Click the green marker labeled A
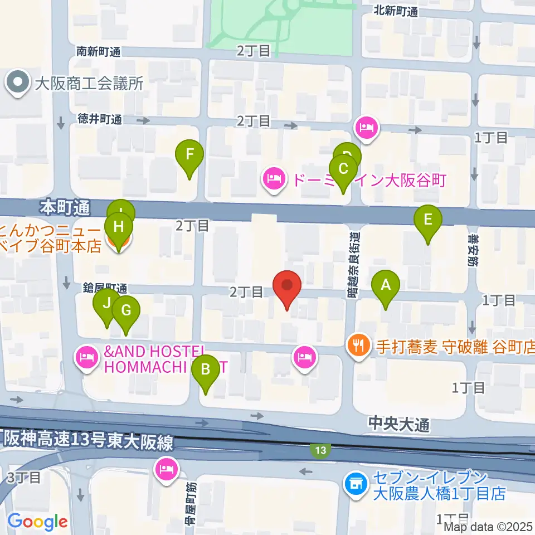[385, 285]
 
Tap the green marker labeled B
[206, 369]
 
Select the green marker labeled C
[343, 169]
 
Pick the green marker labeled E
[428, 219]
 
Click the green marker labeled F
[189, 154]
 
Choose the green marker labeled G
[126, 310]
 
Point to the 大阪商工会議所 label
[89, 84]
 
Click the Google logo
[37, 522]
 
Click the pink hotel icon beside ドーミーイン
[274, 179]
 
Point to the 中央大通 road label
[398, 425]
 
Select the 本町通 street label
[65, 208]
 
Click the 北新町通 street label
[396, 10]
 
